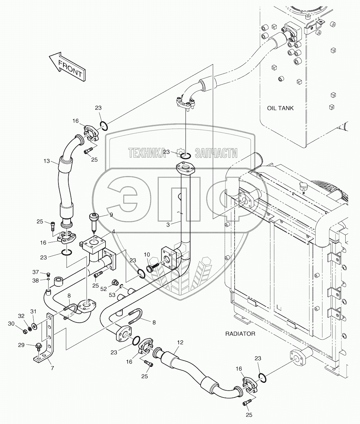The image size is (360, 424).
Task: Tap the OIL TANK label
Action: pos(280,108)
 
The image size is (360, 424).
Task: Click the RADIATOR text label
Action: pos(240,334)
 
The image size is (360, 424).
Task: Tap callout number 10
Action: pos(147,254)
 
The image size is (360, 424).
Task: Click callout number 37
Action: pos(35,272)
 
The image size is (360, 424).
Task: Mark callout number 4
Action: pos(113,231)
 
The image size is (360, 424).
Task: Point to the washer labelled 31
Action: pos(35,326)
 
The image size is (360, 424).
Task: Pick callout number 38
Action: pos(35,280)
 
